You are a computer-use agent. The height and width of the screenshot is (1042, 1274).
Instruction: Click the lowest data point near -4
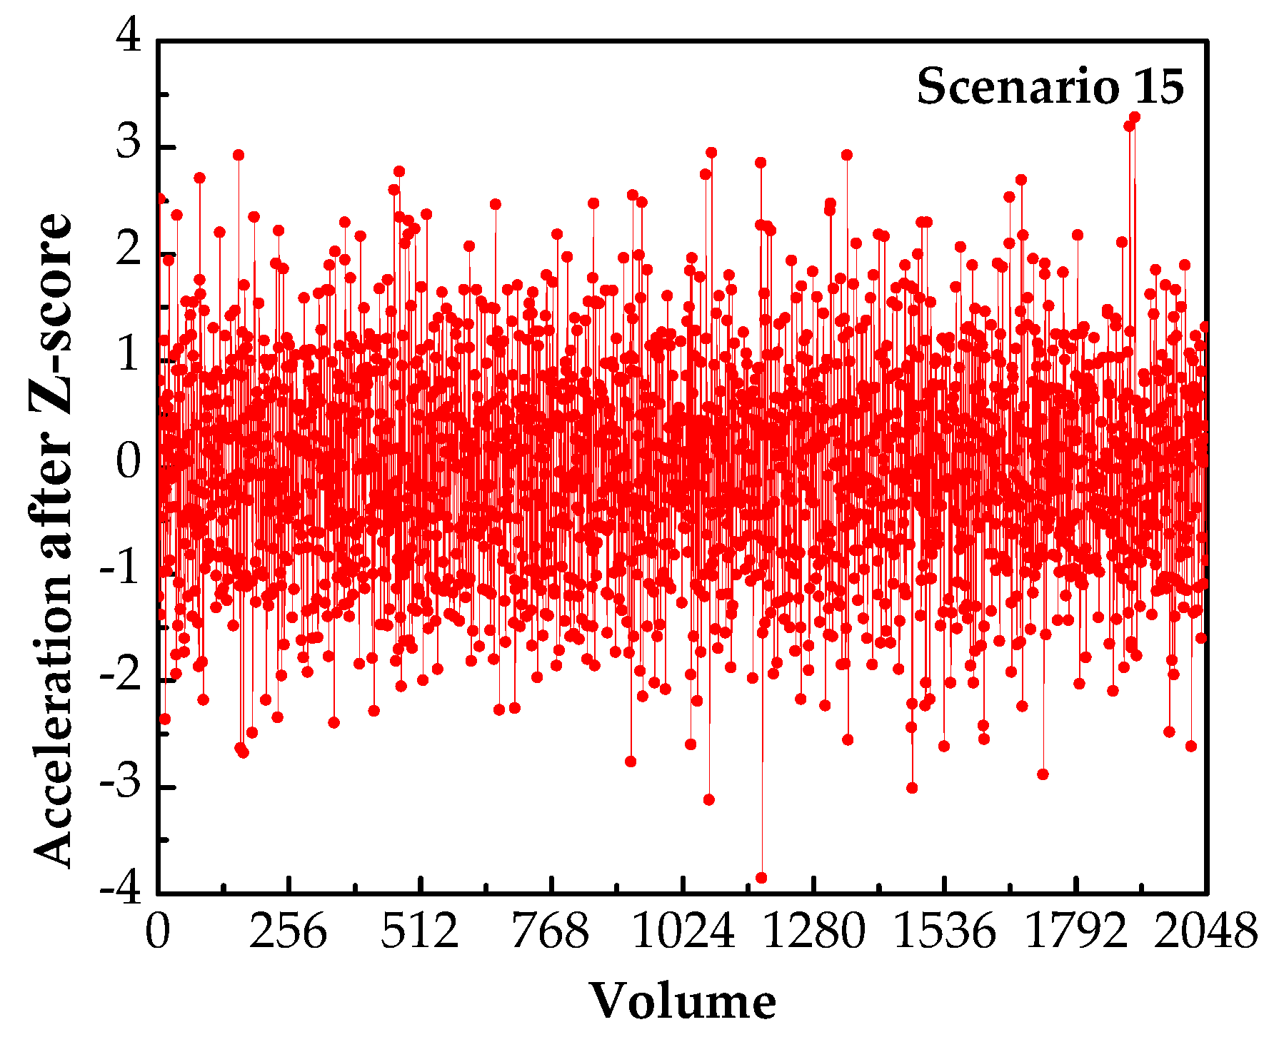[761, 878]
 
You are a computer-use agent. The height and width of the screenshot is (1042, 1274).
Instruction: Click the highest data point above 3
[1135, 117]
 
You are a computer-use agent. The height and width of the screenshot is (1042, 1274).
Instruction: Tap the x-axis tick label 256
[288, 932]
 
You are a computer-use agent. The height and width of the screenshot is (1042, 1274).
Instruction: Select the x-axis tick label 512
[420, 932]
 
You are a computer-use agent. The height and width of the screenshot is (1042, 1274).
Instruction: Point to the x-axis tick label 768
[551, 932]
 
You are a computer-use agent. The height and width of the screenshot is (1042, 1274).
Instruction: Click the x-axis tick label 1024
[683, 932]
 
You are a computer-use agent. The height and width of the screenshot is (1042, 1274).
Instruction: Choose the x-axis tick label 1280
[814, 932]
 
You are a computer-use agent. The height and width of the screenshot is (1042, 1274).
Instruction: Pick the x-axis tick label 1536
[945, 932]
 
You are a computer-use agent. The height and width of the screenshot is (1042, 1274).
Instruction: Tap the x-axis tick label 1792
[1075, 932]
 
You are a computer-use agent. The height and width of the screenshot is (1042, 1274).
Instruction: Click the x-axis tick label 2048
[1206, 932]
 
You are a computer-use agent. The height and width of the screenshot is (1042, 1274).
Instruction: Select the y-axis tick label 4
[129, 36]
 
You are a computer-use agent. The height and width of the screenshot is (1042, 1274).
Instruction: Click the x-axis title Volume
[683, 1001]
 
